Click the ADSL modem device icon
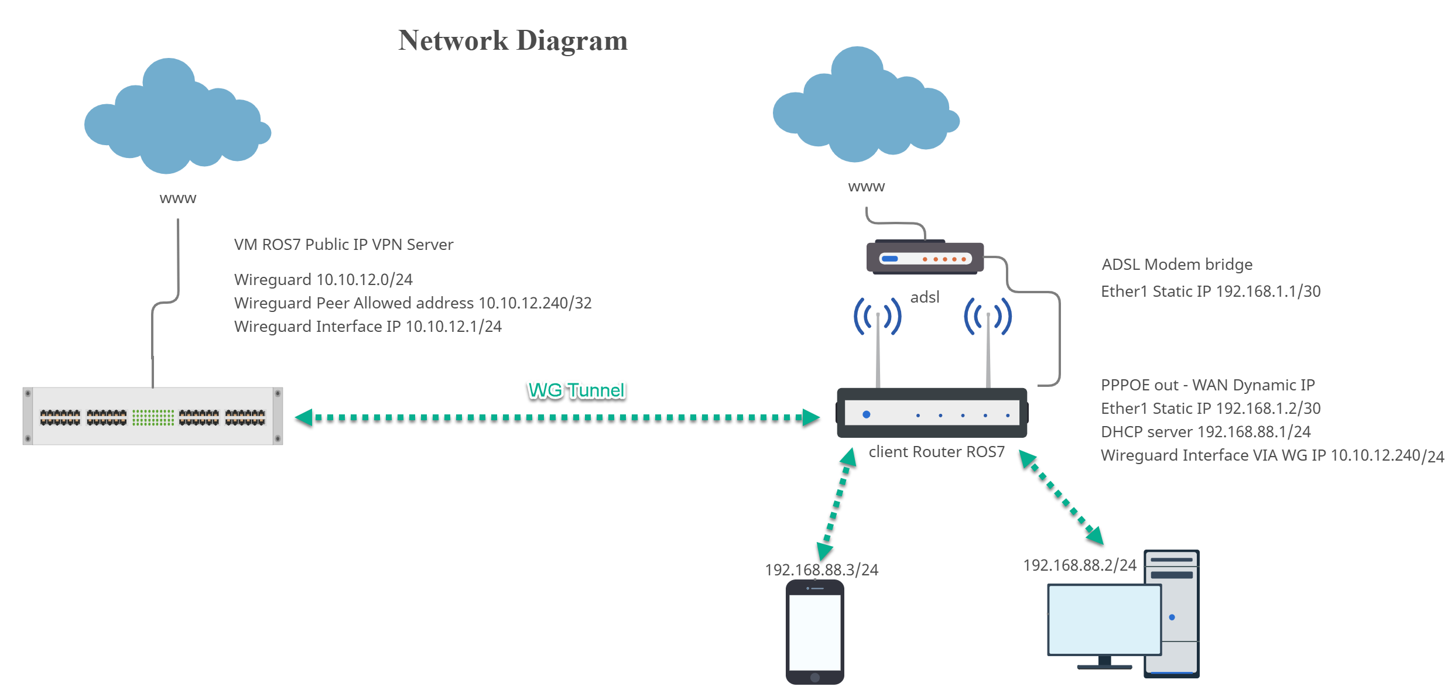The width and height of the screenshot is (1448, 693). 925,258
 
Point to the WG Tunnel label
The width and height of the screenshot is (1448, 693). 576,390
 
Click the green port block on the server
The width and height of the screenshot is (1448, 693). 153,417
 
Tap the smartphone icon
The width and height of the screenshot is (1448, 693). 814,632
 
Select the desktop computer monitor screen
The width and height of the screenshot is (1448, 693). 1104,619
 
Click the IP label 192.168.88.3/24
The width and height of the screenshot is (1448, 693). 821,570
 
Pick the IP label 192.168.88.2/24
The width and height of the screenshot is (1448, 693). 1079,565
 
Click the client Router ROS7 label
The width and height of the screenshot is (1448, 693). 936,452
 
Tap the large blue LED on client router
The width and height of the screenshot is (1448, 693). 867,414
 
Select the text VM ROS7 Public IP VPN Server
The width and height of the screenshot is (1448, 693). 343,245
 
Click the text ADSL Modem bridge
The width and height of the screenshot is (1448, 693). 1176,265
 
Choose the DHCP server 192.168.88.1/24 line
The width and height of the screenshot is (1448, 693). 1205,432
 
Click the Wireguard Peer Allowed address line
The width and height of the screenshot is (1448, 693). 413,303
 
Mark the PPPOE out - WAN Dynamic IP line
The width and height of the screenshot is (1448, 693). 1207,385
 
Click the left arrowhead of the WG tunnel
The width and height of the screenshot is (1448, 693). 303,418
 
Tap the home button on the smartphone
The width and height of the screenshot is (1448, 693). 814,678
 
